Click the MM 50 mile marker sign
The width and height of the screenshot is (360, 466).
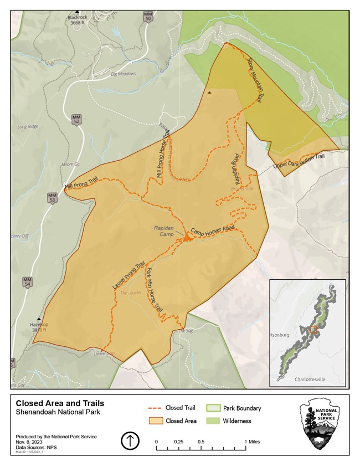click(x=147, y=16)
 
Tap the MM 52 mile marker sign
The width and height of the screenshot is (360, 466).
click(x=76, y=120)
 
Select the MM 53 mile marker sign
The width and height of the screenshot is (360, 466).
click(x=53, y=198)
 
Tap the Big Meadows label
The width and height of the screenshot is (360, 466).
click(x=123, y=74)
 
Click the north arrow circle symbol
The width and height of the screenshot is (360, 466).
click(x=130, y=441)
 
